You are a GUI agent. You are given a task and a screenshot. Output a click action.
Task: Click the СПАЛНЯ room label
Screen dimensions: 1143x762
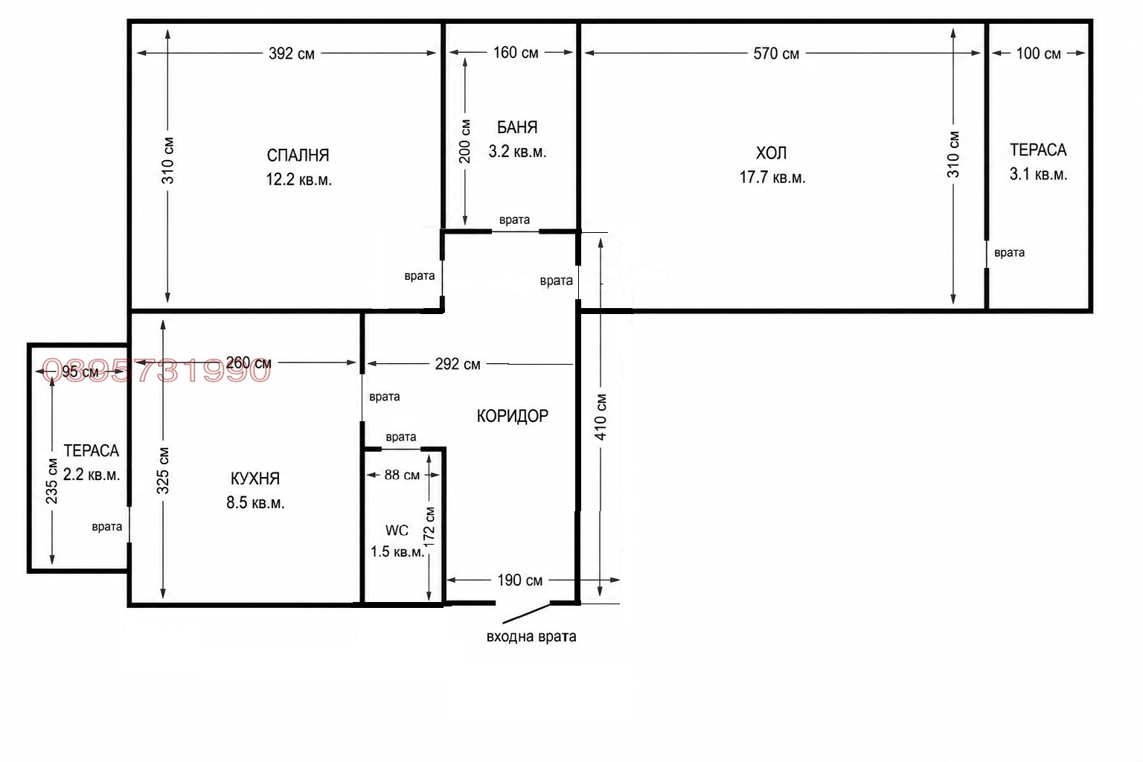click(x=298, y=156)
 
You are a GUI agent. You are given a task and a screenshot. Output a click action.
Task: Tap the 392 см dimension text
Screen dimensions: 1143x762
click(x=292, y=54)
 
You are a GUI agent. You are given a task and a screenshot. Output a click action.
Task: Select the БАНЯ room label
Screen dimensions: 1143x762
click(x=517, y=127)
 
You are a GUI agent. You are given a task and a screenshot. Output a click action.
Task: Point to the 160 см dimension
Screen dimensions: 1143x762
click(x=516, y=53)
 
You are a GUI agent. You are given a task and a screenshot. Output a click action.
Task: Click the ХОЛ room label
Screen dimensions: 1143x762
click(x=771, y=153)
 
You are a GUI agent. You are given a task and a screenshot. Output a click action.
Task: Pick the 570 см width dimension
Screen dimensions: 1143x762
click(x=776, y=54)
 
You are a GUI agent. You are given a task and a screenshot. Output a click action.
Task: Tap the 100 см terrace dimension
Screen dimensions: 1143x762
click(x=1038, y=54)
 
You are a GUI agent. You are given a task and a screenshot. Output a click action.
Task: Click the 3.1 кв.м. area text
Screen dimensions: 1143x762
click(x=1038, y=175)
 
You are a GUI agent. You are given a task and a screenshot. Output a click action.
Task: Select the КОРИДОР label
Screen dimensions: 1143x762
click(x=512, y=416)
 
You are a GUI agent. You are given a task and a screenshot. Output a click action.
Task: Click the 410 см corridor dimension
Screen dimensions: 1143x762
click(x=601, y=417)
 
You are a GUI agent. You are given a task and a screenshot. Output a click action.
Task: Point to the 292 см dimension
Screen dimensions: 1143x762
click(x=458, y=364)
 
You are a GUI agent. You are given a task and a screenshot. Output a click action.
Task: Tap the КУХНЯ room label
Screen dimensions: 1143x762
click(x=255, y=478)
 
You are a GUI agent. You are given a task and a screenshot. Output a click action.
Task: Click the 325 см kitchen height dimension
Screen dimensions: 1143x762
click(x=163, y=470)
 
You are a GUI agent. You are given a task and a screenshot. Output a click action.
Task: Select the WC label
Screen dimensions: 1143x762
click(x=397, y=531)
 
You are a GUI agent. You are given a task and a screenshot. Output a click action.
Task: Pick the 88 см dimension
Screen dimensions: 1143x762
click(x=402, y=476)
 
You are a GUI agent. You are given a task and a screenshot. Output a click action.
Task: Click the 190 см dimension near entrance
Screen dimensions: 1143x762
click(x=520, y=580)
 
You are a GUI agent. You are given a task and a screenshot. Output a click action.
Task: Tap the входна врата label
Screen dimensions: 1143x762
click(x=531, y=636)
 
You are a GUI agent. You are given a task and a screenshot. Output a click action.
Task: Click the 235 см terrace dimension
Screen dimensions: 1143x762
click(x=51, y=481)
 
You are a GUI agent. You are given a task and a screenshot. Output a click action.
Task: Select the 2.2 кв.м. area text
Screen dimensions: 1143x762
click(x=92, y=475)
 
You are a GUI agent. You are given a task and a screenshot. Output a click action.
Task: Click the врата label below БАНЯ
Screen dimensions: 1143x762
click(x=514, y=220)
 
